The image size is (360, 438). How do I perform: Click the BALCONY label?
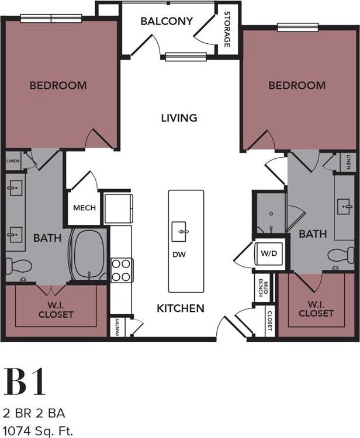167,22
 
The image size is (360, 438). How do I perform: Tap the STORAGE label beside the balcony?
227,30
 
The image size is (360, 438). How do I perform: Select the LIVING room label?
179,118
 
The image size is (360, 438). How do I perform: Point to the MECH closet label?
84,208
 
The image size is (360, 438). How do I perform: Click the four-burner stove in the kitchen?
122,270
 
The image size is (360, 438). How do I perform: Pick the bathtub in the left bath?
89,255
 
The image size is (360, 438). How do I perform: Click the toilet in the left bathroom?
18,266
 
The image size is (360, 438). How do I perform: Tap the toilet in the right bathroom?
340,255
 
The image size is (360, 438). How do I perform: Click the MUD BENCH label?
262,287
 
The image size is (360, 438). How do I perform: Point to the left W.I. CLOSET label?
57,310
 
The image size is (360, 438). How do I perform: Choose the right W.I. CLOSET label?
316,309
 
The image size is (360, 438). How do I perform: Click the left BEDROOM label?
58,85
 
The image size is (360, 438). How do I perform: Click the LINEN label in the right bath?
348,161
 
